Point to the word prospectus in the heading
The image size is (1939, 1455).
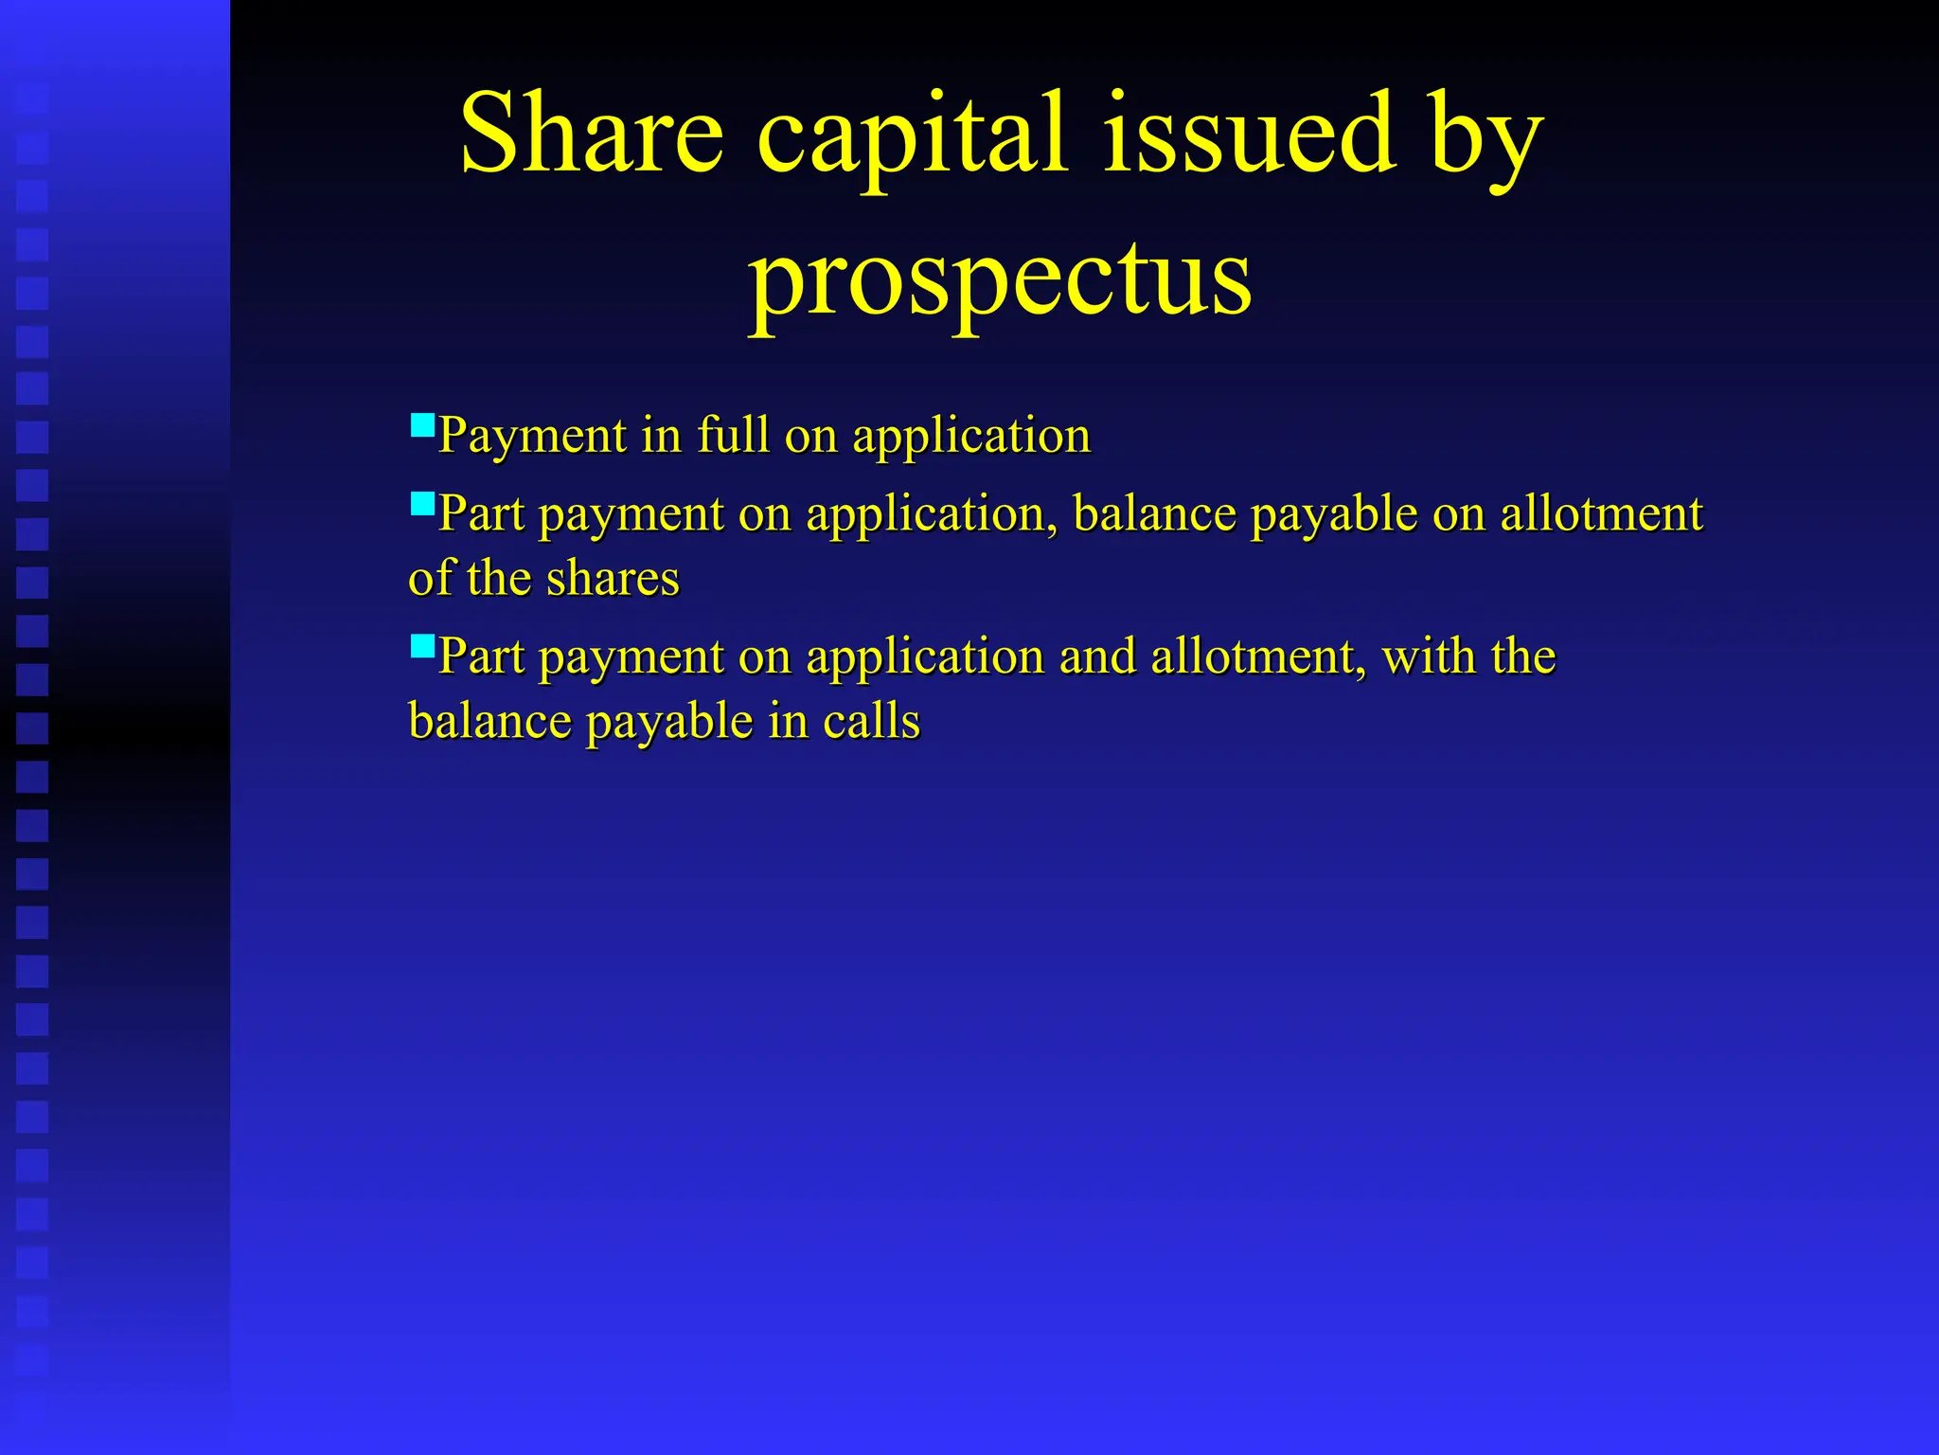point(1000,280)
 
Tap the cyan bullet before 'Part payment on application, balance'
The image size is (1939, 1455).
point(422,502)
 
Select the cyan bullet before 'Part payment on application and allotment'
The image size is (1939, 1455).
point(422,646)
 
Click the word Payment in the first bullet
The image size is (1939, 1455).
point(532,437)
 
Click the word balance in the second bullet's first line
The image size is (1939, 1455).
point(1154,514)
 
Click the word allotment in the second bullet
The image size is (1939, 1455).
point(1601,514)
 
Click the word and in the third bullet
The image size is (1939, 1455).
point(1097,656)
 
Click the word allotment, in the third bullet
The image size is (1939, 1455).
point(1258,657)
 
